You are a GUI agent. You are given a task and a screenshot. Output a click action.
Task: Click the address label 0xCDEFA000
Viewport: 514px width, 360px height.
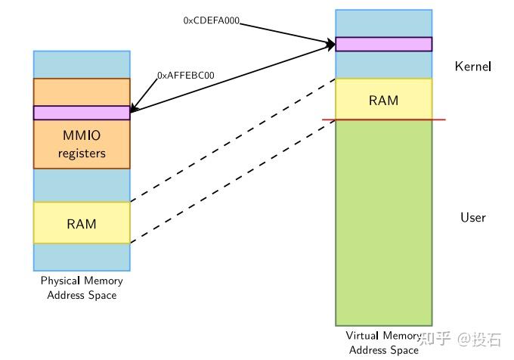(212, 21)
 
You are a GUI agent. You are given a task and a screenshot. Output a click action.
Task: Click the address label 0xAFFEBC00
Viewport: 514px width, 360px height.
(185, 76)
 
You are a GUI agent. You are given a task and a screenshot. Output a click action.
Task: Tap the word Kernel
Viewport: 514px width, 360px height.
(473, 67)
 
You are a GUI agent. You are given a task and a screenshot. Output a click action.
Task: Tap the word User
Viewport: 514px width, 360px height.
(473, 218)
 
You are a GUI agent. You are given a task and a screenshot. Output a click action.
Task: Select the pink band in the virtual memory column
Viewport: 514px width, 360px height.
(383, 44)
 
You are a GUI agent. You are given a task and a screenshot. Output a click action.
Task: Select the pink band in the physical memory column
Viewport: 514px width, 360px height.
(82, 113)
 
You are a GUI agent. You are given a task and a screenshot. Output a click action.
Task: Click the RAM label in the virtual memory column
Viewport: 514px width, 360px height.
(383, 100)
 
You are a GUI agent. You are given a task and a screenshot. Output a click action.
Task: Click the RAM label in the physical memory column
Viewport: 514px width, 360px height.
(82, 223)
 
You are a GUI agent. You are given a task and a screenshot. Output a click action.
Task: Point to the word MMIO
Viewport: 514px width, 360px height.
(82, 138)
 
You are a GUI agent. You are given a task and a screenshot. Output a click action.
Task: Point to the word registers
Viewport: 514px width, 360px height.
(82, 154)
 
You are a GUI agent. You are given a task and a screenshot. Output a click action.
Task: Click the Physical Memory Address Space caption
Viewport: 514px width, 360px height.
(82, 288)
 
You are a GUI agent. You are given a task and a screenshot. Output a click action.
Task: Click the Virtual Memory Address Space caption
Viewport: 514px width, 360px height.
(383, 343)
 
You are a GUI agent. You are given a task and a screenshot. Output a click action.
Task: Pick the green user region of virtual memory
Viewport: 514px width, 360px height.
(383, 227)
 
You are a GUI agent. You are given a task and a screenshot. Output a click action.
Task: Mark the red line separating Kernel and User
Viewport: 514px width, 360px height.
(383, 119)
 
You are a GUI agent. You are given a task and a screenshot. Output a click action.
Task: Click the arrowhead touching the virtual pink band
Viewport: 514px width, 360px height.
(330, 45)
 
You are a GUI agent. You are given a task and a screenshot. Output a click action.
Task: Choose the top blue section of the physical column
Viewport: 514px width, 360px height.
(82, 64)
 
